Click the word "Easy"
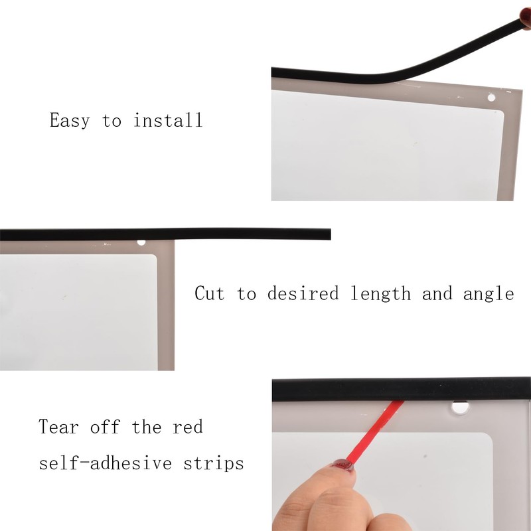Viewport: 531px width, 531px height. (x=70, y=121)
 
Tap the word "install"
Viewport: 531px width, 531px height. (x=167, y=120)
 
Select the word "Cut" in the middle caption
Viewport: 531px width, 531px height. (x=210, y=293)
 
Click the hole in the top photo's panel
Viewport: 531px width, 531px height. (x=492, y=98)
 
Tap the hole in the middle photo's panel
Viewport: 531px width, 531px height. (x=141, y=242)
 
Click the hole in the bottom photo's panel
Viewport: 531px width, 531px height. (x=460, y=405)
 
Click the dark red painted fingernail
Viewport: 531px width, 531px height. (x=342, y=465)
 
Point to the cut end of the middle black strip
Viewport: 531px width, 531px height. (x=327, y=234)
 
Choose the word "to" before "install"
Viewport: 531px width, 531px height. (x=112, y=121)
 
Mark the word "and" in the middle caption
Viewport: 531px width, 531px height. (x=437, y=293)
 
